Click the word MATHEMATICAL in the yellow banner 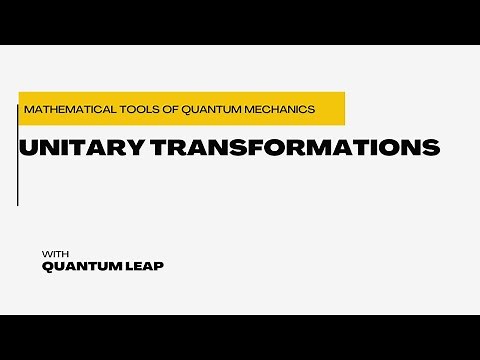62,108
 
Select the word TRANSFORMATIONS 301,148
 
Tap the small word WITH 55,252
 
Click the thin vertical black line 17,150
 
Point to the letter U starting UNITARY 28,148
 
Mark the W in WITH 46,252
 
